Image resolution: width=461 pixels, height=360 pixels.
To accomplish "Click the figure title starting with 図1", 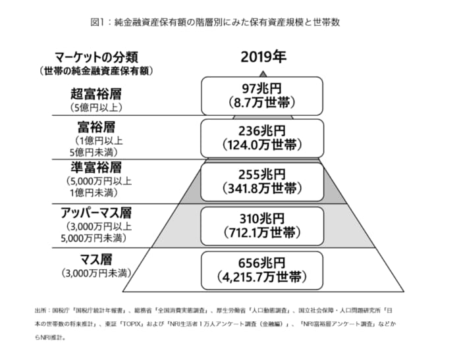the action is pyautogui.click(x=215, y=22).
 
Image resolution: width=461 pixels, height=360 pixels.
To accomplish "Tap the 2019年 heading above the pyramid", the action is pyautogui.click(x=263, y=57).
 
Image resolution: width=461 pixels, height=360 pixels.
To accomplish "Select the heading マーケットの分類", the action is pyautogui.click(x=96, y=57).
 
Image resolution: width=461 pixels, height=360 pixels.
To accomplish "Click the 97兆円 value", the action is pyautogui.click(x=261, y=89).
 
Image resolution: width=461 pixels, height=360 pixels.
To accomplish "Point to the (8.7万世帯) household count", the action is pyautogui.click(x=261, y=103).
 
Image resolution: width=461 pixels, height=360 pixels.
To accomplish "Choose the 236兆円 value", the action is pyautogui.click(x=261, y=131).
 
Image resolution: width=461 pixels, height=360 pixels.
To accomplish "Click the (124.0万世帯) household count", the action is pyautogui.click(x=262, y=145).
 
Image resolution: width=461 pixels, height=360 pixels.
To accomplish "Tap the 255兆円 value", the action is pyautogui.click(x=261, y=174).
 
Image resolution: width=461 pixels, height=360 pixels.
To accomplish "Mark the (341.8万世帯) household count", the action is pyautogui.click(x=262, y=188).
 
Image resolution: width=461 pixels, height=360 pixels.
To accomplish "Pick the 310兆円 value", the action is pyautogui.click(x=261, y=219).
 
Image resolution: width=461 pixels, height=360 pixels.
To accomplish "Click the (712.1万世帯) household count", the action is pyautogui.click(x=262, y=232).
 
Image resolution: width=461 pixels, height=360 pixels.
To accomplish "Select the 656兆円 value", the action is pyautogui.click(x=261, y=263).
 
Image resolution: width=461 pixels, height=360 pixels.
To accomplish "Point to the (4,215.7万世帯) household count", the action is pyautogui.click(x=262, y=277).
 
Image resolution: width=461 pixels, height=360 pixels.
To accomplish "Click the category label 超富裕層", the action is pyautogui.click(x=96, y=94).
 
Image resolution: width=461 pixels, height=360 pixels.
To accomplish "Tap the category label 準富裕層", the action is pyautogui.click(x=96, y=168).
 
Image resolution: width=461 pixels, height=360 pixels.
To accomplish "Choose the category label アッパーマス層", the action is pyautogui.click(x=96, y=213).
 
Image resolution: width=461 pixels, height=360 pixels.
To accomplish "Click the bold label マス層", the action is pyautogui.click(x=96, y=259).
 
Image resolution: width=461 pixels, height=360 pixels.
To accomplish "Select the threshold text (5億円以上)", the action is pyautogui.click(x=96, y=107).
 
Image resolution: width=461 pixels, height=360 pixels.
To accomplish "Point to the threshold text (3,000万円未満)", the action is pyautogui.click(x=96, y=273).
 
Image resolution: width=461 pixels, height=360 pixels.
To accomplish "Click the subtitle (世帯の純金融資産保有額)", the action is pyautogui.click(x=96, y=71).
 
